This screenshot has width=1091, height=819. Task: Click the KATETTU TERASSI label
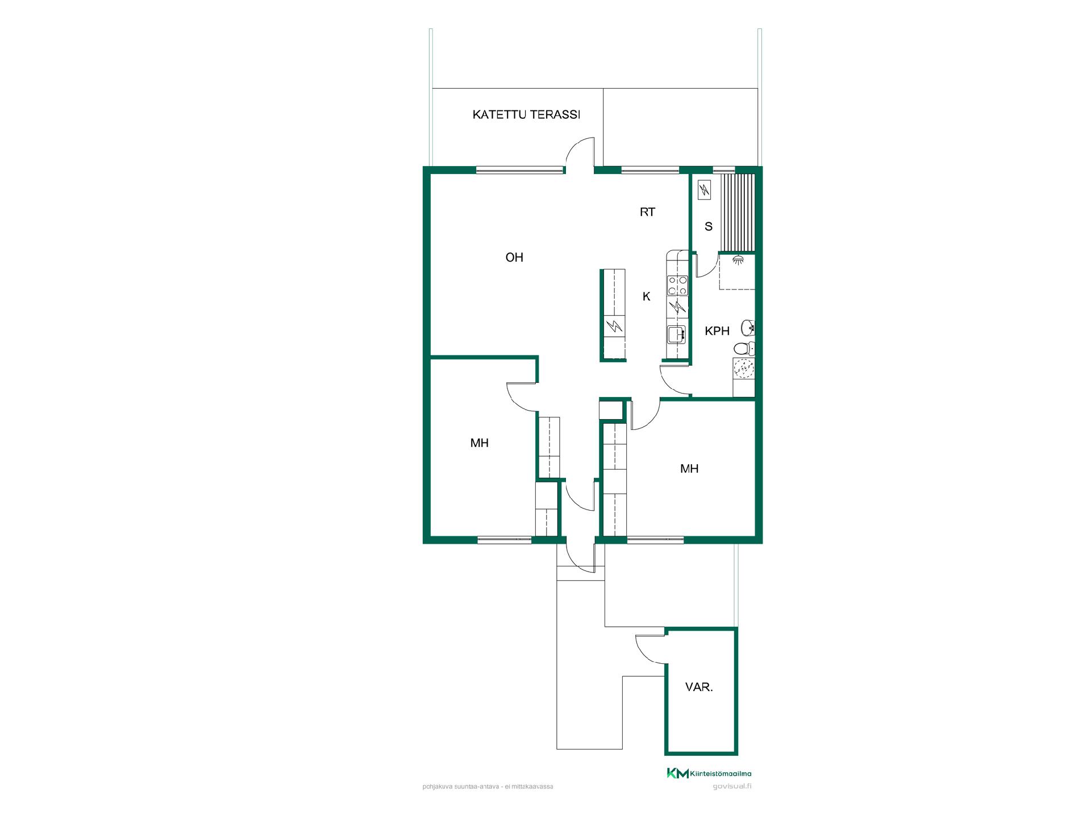pyautogui.click(x=526, y=115)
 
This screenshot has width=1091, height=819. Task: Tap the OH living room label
pyautogui.click(x=514, y=258)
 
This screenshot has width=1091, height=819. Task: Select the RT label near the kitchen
pyautogui.click(x=647, y=212)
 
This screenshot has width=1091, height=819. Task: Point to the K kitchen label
pyautogui.click(x=646, y=296)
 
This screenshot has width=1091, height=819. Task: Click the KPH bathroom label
pyautogui.click(x=717, y=331)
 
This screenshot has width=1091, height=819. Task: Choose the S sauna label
pyautogui.click(x=708, y=226)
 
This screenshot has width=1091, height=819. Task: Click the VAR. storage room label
pyautogui.click(x=699, y=687)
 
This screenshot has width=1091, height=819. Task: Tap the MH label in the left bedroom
pyautogui.click(x=480, y=443)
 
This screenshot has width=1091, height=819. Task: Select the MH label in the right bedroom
pyautogui.click(x=689, y=469)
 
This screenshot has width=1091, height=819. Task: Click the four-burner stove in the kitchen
pyautogui.click(x=677, y=285)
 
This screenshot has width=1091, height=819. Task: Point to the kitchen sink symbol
pyautogui.click(x=677, y=335)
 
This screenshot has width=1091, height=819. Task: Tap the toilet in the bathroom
pyautogui.click(x=743, y=348)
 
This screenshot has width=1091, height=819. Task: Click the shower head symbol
pyautogui.click(x=738, y=259)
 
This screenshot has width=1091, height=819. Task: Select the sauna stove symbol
pyautogui.click(x=704, y=189)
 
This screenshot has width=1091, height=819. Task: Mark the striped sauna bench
pyautogui.click(x=738, y=212)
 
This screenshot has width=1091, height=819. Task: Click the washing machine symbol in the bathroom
pyautogui.click(x=744, y=369)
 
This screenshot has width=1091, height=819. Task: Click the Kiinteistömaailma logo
pyautogui.click(x=709, y=773)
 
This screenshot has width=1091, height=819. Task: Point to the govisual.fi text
pyautogui.click(x=732, y=787)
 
